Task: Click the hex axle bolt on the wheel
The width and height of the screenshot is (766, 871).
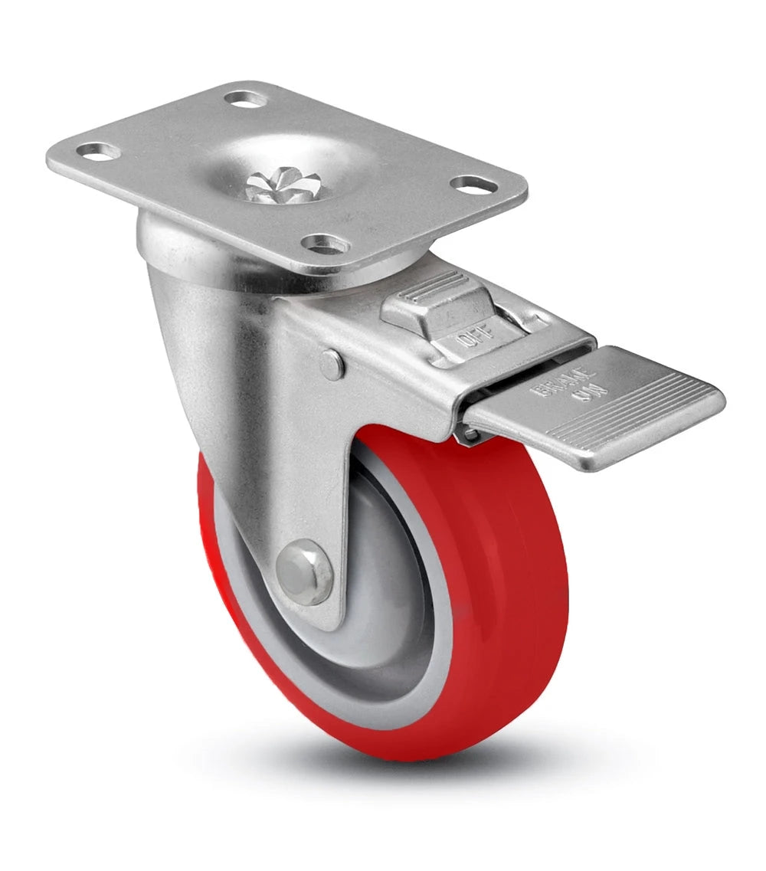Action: [x=303, y=571]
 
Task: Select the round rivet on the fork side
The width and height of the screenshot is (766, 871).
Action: [x=332, y=365]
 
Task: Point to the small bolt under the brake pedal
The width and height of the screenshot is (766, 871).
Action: [x=468, y=435]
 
